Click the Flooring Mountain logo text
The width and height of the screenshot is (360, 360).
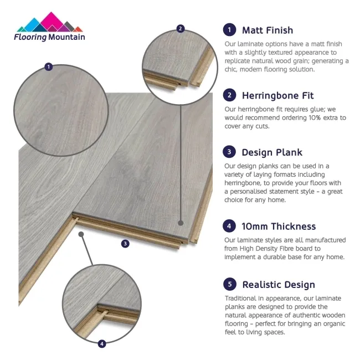[50, 37]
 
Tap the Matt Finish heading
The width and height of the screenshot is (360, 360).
[268, 30]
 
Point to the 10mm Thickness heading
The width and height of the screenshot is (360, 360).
[279, 226]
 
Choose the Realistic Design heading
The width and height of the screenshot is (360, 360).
[279, 285]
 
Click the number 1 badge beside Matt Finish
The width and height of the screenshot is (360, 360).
[229, 30]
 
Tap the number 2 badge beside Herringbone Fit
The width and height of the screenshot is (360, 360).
[229, 95]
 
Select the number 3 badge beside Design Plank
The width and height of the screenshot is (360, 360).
[229, 152]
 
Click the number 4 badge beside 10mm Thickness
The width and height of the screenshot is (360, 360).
[229, 226]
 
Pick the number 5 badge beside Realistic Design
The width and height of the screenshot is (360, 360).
[229, 285]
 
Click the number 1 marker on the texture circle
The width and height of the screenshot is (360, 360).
[48, 67]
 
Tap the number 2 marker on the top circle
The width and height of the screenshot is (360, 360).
[180, 29]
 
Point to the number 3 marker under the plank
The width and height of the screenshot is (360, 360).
[125, 243]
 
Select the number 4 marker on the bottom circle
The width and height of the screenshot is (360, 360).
[101, 344]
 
